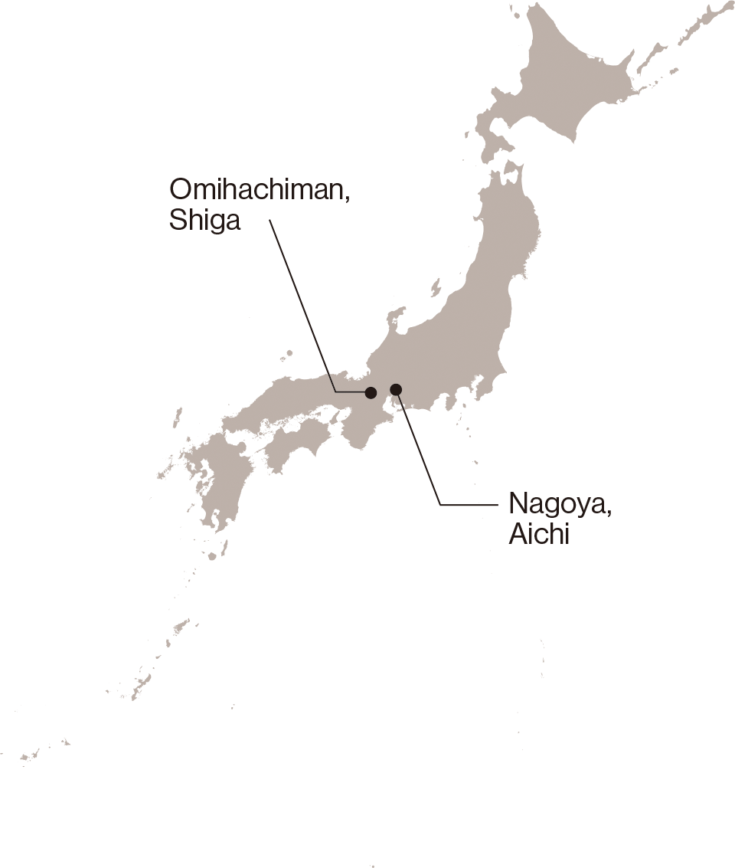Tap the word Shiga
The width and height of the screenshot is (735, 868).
204,221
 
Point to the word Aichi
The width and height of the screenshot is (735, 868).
539,534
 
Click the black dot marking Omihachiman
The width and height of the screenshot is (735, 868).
371,392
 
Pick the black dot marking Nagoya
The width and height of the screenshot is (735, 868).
396,389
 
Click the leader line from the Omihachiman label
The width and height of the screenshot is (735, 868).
302,306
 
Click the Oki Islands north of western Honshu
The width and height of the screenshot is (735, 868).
286,355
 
